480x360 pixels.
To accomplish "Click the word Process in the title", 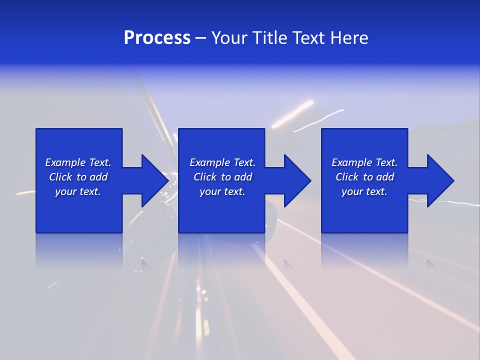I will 157,38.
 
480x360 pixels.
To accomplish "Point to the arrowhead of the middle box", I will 296,180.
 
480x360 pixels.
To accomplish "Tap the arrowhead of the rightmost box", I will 439,180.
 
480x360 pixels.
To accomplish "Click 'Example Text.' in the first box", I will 78,162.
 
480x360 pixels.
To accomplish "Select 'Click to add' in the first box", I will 78,177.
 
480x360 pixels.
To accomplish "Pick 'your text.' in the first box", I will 78,191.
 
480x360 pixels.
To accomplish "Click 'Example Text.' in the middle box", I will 222,162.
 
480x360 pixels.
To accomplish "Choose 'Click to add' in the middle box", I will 222,177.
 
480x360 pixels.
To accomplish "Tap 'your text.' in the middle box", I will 222,191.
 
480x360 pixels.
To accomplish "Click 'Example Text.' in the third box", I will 364,162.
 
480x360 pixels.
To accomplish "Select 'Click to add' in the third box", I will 364,177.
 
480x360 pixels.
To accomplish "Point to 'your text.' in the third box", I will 364,191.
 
